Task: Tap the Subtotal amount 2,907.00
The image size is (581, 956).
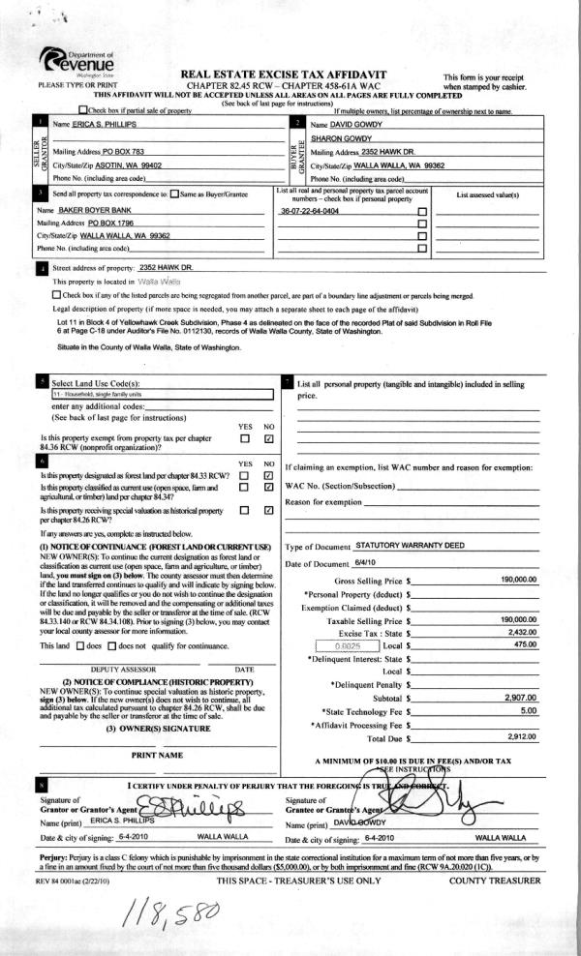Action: [521, 697]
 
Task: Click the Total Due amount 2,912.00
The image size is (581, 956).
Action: [522, 735]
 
